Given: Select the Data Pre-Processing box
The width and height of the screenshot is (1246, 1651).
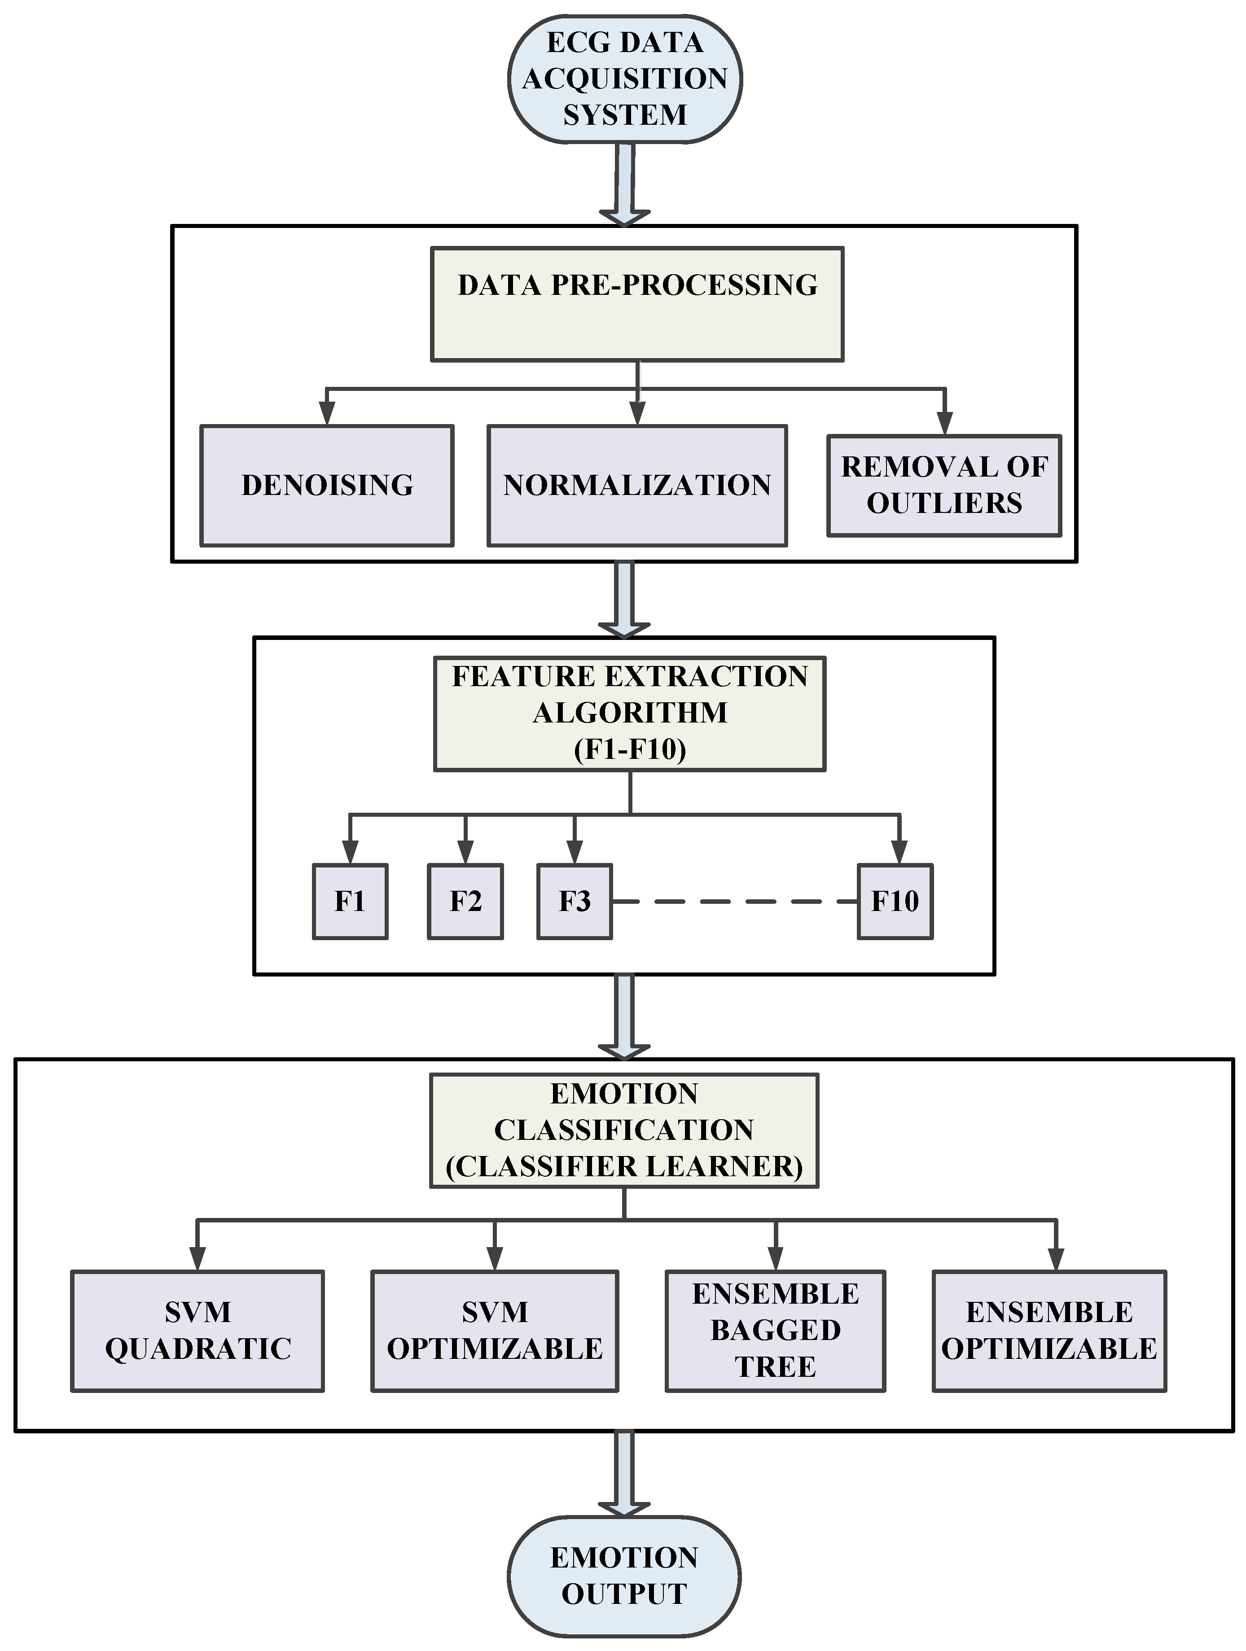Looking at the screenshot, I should coord(637,305).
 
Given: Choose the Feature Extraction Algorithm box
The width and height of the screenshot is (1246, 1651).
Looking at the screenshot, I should coord(629,714).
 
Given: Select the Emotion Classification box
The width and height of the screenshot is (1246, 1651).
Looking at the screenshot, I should coord(624,1130).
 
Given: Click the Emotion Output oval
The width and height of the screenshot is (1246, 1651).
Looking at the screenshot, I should coord(624,1577).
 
